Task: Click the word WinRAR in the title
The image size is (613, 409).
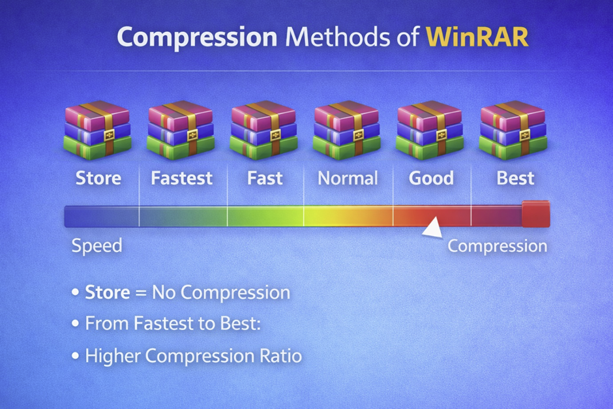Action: pos(477,37)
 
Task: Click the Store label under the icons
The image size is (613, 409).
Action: pos(98,178)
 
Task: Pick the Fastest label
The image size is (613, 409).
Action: pos(182,178)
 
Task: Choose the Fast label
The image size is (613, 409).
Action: pos(265,178)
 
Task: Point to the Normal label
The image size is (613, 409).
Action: pos(348,178)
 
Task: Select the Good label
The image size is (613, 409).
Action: pos(431,178)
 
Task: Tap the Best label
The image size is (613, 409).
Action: pos(515,178)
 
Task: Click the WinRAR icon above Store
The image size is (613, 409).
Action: pos(97,130)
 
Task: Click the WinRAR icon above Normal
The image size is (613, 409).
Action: pos(347,130)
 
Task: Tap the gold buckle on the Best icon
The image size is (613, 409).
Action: pos(525,136)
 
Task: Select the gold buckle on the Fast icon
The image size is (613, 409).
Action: pos(276,136)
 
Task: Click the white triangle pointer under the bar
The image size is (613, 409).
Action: pos(433,228)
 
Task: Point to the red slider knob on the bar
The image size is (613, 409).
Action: pos(536,214)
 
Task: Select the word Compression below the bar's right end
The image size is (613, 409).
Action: pos(498,247)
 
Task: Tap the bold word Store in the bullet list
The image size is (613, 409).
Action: pos(108,292)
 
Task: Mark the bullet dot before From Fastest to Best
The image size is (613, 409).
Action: pos(76,324)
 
